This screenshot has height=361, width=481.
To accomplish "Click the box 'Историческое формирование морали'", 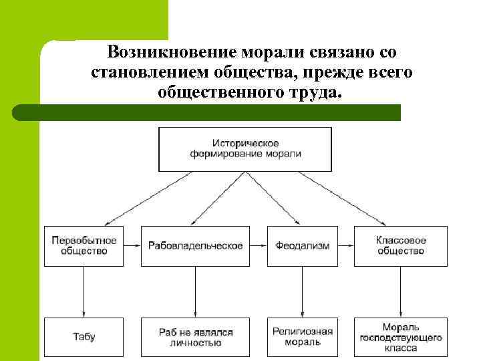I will pyautogui.click(x=245, y=148).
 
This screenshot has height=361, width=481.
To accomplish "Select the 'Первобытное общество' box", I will pyautogui.click(x=84, y=245).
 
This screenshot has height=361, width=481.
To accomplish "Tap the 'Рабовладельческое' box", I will pyautogui.click(x=195, y=245).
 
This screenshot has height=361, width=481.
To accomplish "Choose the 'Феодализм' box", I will pyautogui.click(x=303, y=245).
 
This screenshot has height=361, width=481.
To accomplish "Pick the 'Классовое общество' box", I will pyautogui.click(x=401, y=245).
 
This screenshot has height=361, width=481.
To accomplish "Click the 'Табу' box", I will pyautogui.click(x=84, y=337).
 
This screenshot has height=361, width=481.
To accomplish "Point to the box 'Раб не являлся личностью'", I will pyautogui.click(x=195, y=337).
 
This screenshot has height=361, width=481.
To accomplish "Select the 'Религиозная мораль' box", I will pyautogui.click(x=303, y=337).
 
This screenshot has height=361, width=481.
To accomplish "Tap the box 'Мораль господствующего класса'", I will pyautogui.click(x=401, y=337).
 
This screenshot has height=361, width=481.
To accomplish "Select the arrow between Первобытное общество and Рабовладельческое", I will pyautogui.click(x=132, y=245).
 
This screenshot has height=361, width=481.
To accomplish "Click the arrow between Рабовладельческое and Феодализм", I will pyautogui.click(x=259, y=245).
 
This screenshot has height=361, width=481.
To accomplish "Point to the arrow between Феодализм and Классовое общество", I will pyautogui.click(x=345, y=245).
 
